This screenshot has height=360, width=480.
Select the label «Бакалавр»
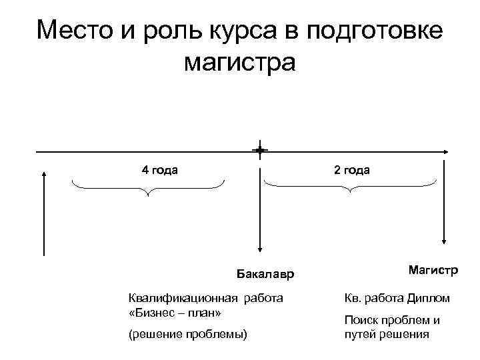pyautogui.click(x=265, y=274)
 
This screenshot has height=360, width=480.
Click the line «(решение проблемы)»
pyautogui.click(x=187, y=333)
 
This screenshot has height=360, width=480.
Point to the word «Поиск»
pyautogui.click(x=361, y=320)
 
